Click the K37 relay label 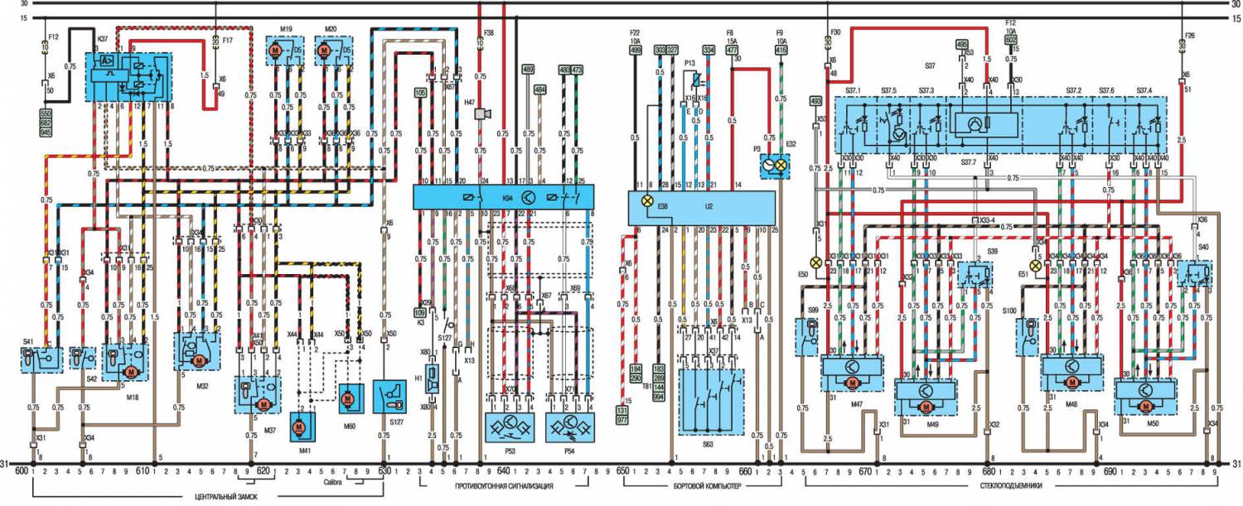(104, 39)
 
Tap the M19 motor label (285, 29)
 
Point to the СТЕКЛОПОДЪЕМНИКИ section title (1011, 487)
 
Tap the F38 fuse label (489, 32)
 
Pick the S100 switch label (1030, 310)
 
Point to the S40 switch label (1203, 247)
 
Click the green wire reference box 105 (420, 94)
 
